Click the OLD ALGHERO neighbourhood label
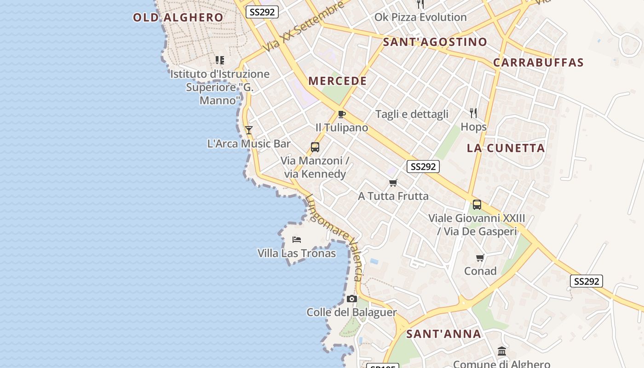point(178,17)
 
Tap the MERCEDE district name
point(338,81)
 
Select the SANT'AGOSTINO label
point(435,42)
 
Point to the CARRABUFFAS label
point(538,63)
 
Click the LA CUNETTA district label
point(506,148)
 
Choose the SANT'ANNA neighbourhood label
point(443,334)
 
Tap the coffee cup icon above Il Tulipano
point(341,114)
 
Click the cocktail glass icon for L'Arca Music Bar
point(249,130)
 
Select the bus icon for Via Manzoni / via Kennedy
point(315,147)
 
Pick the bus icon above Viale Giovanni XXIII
point(477,205)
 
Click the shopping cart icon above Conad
point(480,258)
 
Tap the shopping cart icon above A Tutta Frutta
point(393,183)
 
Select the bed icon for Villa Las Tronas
point(297,240)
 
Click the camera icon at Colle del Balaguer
point(352,299)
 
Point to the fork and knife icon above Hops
point(473,113)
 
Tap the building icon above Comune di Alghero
point(502,352)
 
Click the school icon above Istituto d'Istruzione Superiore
point(220,60)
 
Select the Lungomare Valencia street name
point(334,237)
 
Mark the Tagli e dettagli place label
point(412,114)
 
